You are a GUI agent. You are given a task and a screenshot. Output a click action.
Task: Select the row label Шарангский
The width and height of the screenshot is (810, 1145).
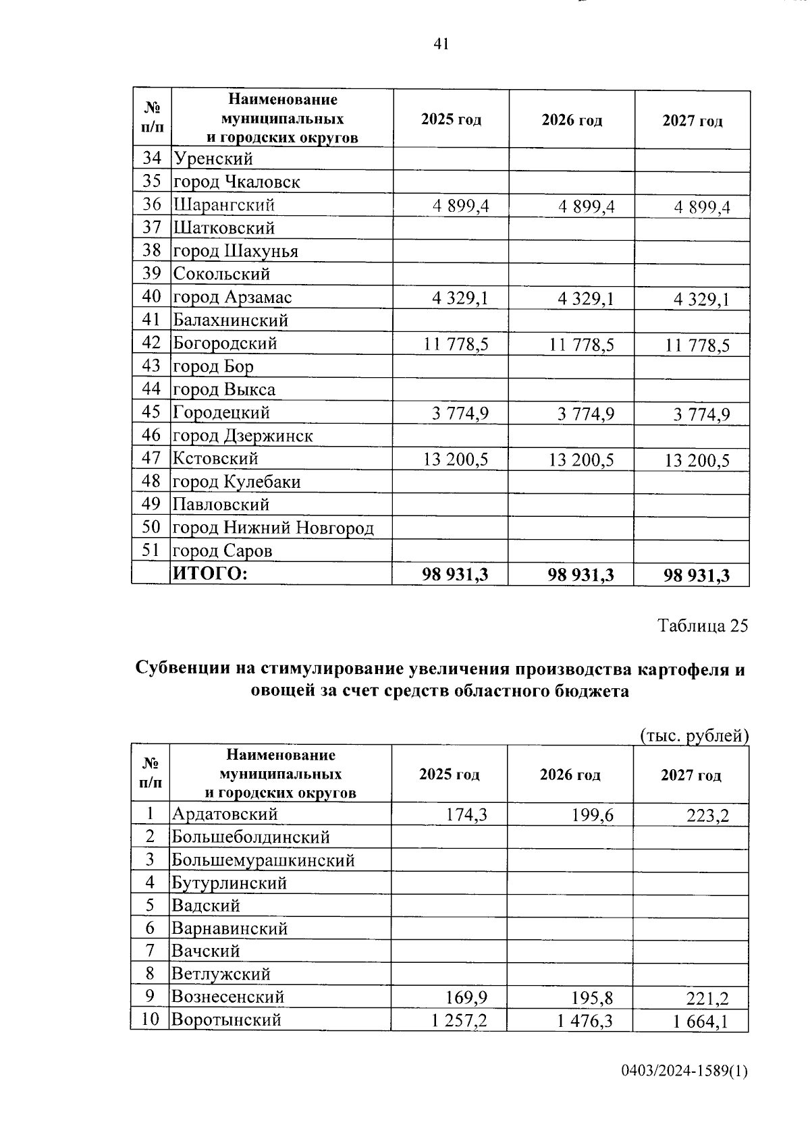[x=224, y=204]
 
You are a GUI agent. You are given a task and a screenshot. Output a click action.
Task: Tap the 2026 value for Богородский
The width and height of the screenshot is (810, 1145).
[x=581, y=345]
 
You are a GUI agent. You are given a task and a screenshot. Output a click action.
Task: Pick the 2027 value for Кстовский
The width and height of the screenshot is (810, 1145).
[x=697, y=461]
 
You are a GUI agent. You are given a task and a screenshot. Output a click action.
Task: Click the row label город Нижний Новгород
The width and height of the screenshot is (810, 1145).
[x=273, y=528]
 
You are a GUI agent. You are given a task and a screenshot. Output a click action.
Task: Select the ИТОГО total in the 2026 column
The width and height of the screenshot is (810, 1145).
[x=580, y=575]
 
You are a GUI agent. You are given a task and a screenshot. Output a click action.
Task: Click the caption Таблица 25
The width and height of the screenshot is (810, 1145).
[x=703, y=625]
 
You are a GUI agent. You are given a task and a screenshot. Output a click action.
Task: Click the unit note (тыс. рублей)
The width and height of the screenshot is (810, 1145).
[x=694, y=735]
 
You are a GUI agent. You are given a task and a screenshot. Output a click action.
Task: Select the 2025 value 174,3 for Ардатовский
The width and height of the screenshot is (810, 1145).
[x=466, y=815]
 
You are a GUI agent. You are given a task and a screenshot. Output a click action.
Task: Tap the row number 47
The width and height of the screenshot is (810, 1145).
[x=152, y=458]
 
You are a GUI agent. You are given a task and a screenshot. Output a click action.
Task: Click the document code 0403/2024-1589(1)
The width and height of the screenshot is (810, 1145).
[x=684, y=1071]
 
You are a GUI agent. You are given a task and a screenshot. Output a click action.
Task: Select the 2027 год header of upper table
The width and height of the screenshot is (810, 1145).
[x=692, y=121]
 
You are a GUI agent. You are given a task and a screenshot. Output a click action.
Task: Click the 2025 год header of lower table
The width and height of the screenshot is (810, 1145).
[x=449, y=775]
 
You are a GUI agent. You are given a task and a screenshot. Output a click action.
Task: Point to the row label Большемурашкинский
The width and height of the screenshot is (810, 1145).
[x=263, y=860]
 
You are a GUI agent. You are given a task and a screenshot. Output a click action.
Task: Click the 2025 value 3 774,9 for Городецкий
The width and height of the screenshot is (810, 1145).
[x=460, y=414]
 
